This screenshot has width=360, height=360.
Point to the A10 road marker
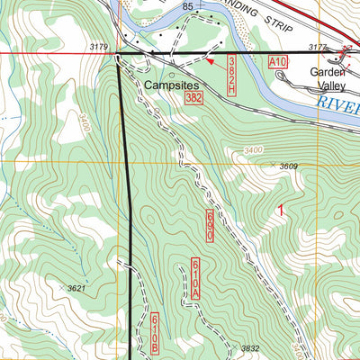[x=278, y=61]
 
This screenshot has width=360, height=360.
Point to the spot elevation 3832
[x=249, y=348]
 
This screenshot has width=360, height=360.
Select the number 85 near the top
[x=188, y=7]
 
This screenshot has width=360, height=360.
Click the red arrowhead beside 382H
[x=210, y=62]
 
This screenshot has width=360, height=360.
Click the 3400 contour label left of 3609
[x=256, y=150]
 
